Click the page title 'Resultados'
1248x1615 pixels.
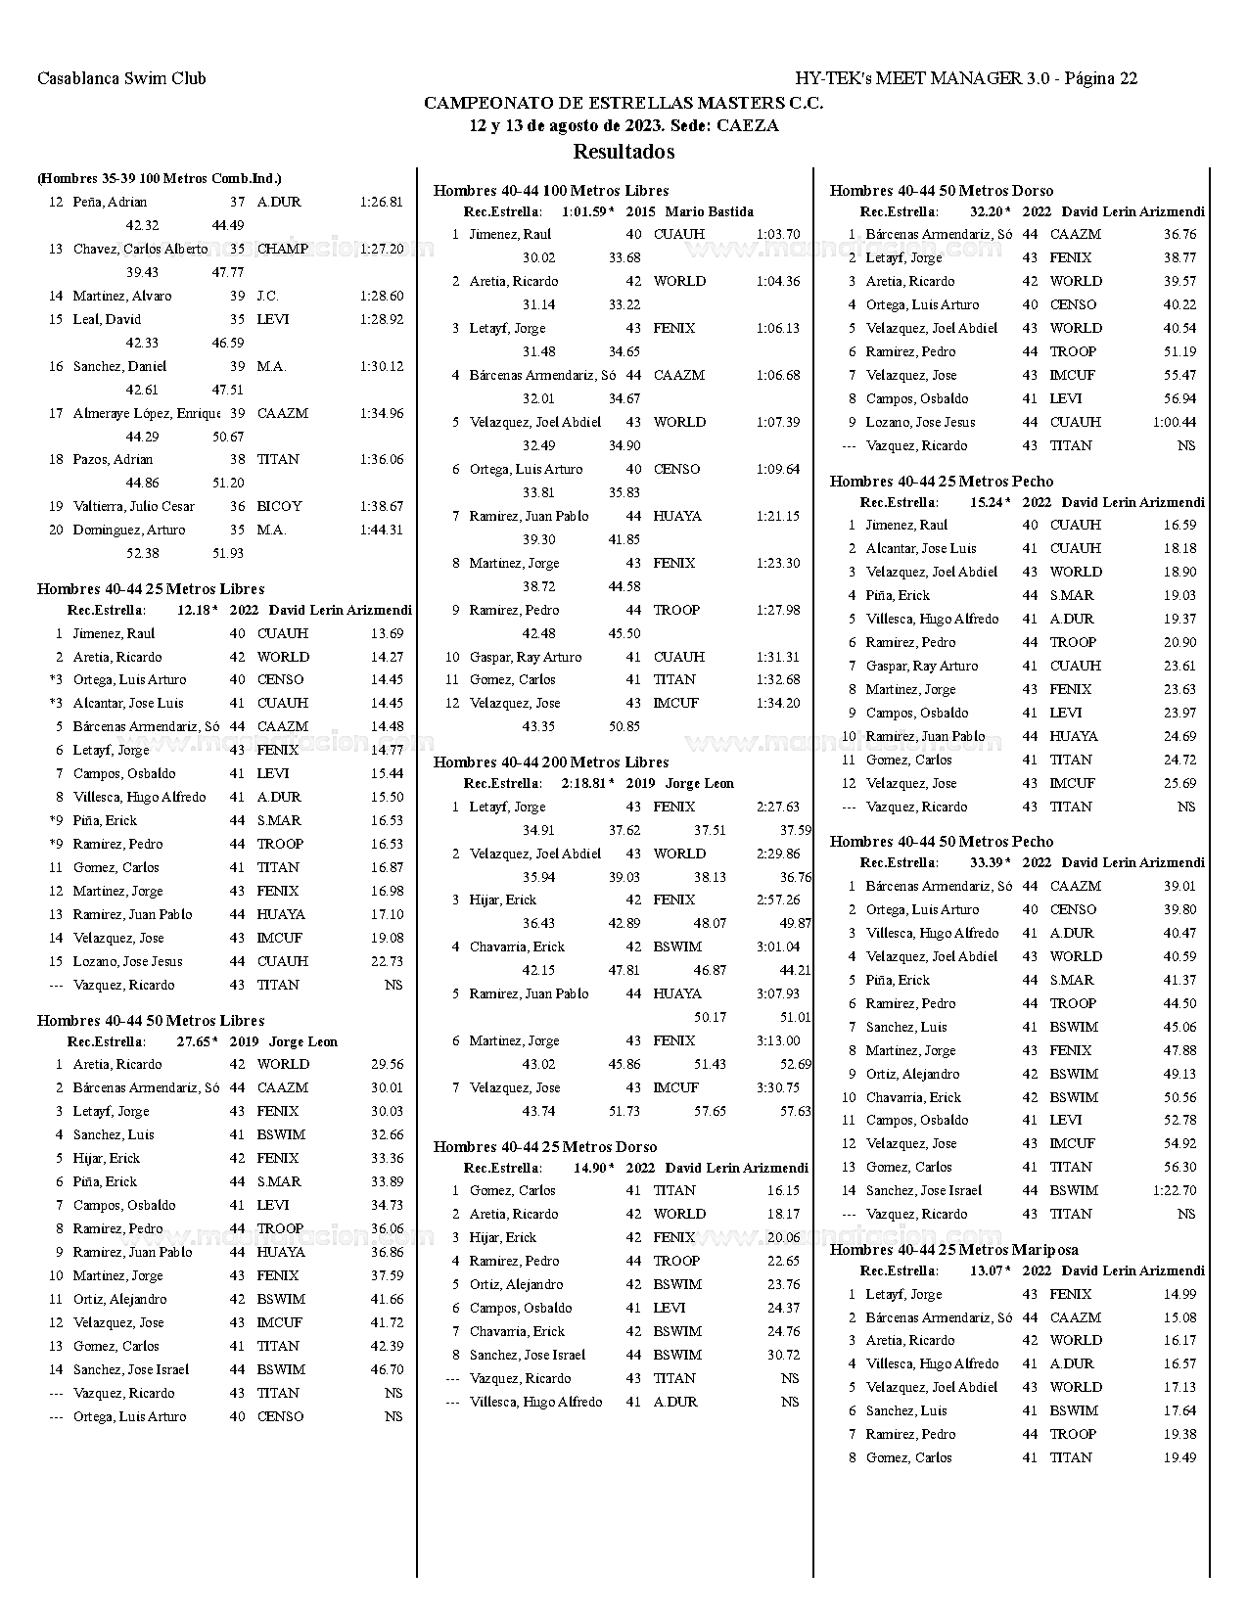[624, 152]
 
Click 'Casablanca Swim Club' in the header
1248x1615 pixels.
[121, 78]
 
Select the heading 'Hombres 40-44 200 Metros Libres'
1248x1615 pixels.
[551, 762]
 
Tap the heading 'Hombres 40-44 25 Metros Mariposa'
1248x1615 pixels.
[954, 1250]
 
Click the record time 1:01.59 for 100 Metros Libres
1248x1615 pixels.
[584, 211]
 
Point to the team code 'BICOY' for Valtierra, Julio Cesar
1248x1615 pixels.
[279, 507]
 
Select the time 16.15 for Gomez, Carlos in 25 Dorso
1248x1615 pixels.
[783, 1191]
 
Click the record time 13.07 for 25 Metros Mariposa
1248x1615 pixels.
[987, 1271]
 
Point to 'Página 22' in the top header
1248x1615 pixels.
[1100, 78]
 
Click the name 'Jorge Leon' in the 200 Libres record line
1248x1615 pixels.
[699, 784]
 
